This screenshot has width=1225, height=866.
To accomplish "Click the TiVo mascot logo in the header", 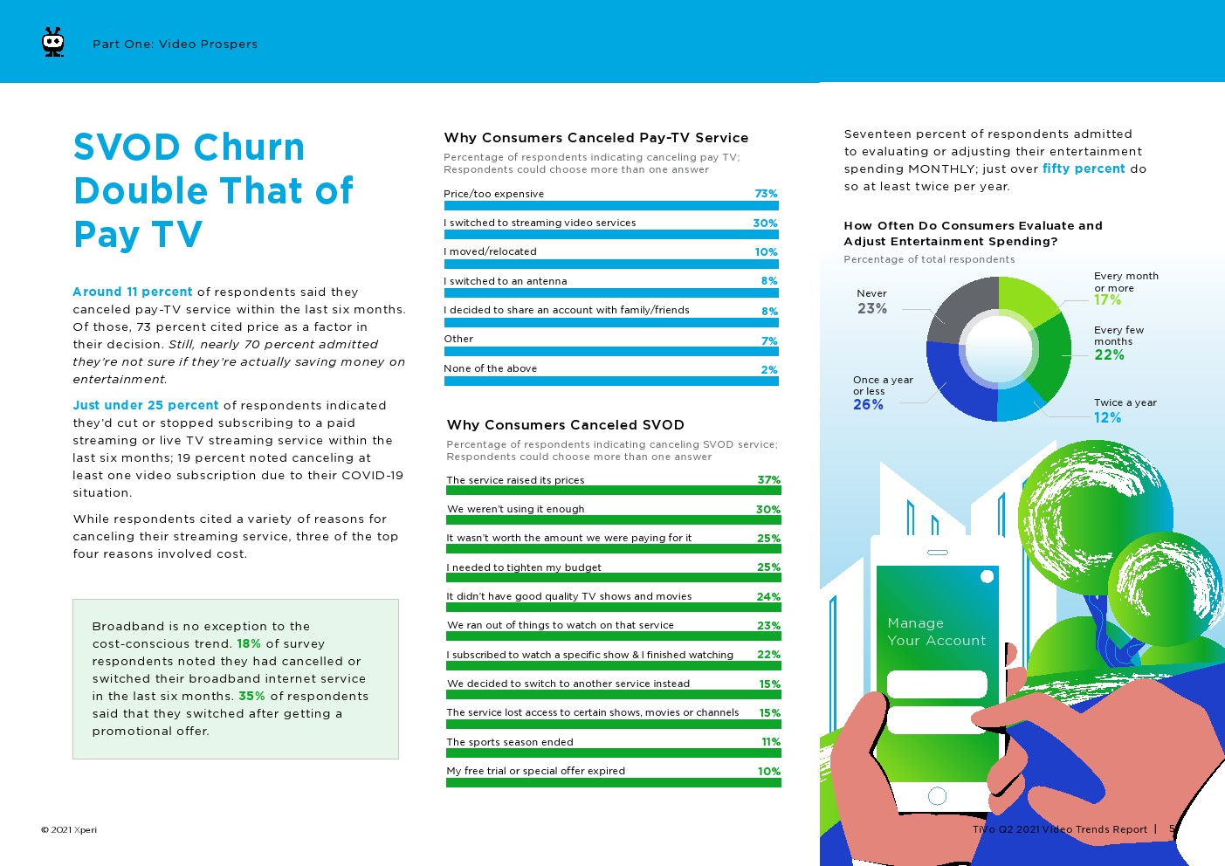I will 53,43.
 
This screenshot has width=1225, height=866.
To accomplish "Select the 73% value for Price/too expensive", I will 766,194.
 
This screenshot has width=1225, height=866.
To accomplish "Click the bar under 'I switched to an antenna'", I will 611,293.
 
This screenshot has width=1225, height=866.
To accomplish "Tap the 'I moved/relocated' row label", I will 490,251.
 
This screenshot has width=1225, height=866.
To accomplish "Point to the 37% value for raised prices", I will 768,480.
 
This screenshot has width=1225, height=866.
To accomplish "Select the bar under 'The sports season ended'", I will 613,753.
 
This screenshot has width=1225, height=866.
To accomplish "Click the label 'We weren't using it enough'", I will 515,509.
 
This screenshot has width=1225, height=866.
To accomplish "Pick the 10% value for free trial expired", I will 768,771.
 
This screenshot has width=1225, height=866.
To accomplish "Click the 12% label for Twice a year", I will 1107,417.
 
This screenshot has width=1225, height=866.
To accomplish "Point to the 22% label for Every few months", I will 1109,354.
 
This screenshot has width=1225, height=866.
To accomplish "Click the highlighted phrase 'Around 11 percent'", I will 133,292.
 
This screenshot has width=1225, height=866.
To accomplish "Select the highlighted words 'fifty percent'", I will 1084,168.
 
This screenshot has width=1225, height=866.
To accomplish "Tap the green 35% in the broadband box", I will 251,696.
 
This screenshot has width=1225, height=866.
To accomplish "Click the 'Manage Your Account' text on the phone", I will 936,631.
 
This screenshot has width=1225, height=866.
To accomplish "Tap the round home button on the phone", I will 938,795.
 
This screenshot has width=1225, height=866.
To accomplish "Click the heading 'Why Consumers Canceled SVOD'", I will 565,425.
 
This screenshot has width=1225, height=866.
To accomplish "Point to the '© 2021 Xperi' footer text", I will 69,829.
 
